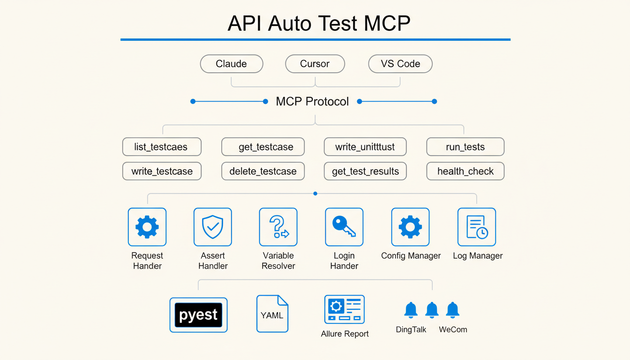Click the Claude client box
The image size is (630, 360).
(232, 64)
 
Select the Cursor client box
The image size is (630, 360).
(315, 64)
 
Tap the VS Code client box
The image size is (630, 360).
(400, 64)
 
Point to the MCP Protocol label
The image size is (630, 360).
(312, 101)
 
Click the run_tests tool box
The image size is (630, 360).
(465, 147)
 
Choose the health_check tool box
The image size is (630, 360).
(465, 171)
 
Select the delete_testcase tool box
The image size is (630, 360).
(263, 171)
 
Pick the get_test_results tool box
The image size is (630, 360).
(365, 171)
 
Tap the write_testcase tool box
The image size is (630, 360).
(162, 171)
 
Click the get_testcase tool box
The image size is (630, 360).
(263, 147)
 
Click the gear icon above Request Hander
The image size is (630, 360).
(147, 227)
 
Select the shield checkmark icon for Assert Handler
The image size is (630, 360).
(213, 227)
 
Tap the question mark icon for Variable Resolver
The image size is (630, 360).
(278, 227)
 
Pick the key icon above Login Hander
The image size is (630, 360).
(344, 227)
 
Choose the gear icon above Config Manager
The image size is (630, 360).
(410, 227)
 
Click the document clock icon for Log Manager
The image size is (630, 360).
(477, 227)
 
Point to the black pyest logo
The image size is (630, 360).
(198, 315)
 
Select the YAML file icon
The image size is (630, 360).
(272, 314)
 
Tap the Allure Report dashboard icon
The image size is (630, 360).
(345, 309)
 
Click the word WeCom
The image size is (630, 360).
(453, 330)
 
